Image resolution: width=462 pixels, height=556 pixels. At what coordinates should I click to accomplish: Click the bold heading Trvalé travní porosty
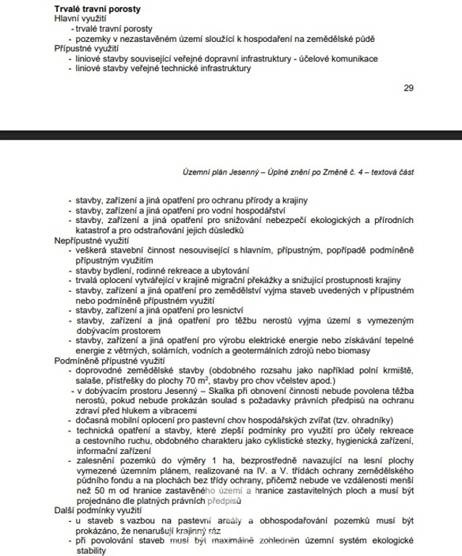98,8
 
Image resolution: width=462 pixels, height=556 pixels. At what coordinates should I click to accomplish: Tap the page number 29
408,88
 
